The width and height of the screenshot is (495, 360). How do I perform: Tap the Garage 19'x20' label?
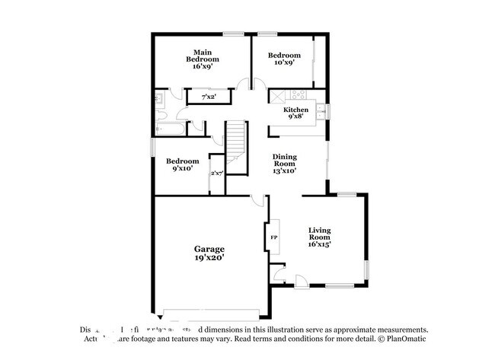click(x=209, y=253)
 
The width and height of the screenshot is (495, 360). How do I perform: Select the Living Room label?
click(x=320, y=237)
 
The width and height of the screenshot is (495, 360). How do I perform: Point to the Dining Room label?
click(x=285, y=164)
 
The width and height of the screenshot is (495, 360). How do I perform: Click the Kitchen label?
click(x=296, y=113)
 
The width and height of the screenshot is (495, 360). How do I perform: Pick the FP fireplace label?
click(x=273, y=237)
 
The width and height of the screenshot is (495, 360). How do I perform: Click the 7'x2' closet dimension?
click(x=208, y=97)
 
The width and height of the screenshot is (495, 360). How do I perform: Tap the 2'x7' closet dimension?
click(x=217, y=174)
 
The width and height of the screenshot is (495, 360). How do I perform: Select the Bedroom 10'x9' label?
click(x=284, y=59)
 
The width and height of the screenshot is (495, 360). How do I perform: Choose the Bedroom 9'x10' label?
click(x=183, y=164)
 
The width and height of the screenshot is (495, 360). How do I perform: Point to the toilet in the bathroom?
click(x=161, y=114)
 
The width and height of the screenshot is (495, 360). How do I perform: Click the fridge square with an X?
click(x=276, y=96)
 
